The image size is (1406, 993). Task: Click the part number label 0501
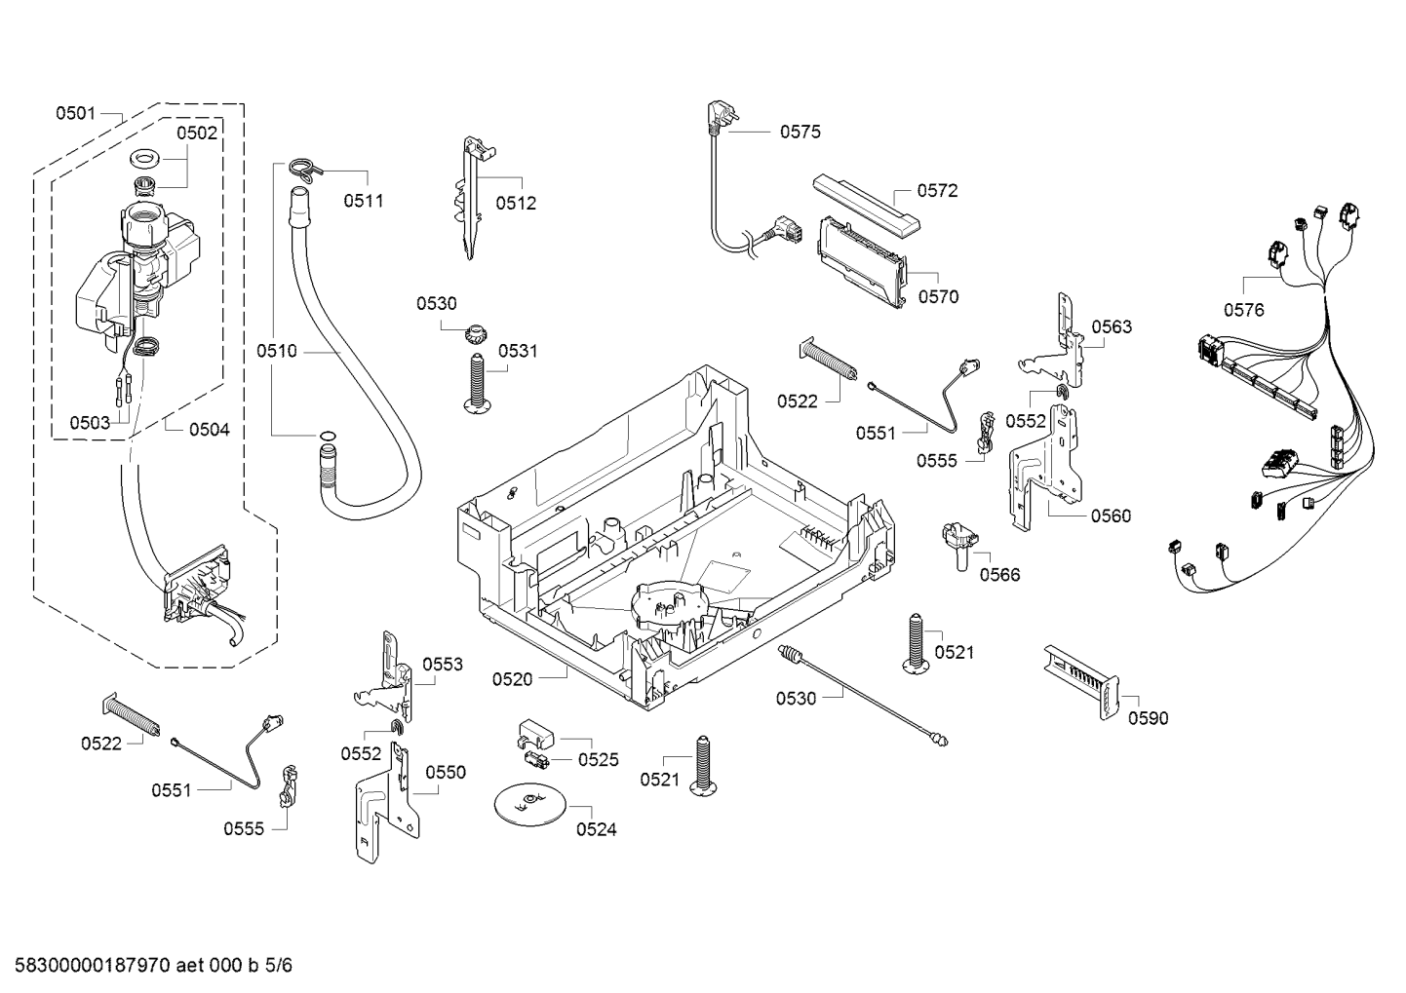[74, 114]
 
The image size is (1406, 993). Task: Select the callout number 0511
[363, 201]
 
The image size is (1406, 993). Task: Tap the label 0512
[516, 204]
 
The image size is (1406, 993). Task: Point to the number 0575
[800, 132]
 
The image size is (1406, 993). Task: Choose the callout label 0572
[937, 191]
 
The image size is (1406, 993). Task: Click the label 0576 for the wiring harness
[1243, 310]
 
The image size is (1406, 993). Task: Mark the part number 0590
[1148, 718]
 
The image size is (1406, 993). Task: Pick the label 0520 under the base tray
[512, 679]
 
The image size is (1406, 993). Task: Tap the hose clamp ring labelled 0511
[304, 169]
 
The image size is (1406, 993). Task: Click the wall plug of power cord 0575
[719, 115]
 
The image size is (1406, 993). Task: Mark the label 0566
[999, 575]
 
